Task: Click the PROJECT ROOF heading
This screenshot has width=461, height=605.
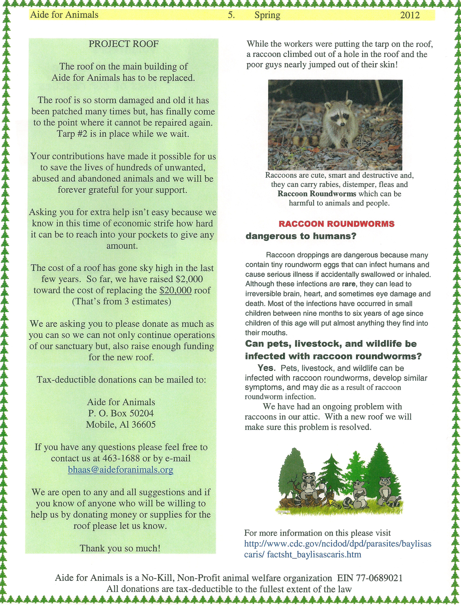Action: point(123,44)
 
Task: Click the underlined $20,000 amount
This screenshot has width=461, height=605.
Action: point(175,290)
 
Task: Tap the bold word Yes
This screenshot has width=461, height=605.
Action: point(266,368)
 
